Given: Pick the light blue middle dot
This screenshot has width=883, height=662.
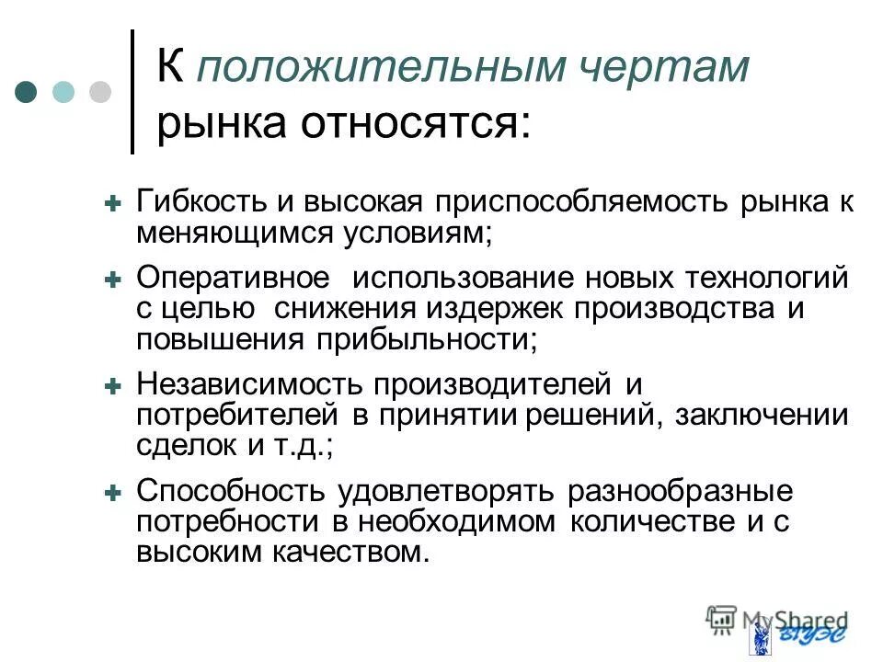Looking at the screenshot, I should click(x=63, y=92).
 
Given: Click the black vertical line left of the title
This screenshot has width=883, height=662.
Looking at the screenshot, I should click(x=133, y=92).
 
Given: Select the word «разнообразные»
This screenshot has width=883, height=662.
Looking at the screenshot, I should click(x=681, y=491).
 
